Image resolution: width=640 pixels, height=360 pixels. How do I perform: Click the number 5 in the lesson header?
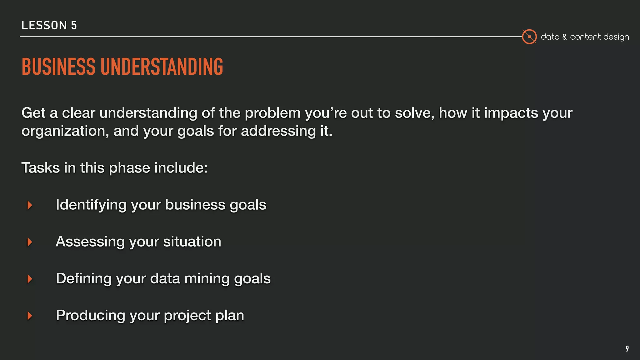pyautogui.click(x=74, y=25)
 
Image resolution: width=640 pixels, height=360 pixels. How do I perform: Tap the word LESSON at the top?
pyautogui.click(x=44, y=25)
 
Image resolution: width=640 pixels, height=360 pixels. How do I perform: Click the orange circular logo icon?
pyautogui.click(x=529, y=37)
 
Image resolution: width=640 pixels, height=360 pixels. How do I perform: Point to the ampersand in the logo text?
pyautogui.click(x=564, y=37)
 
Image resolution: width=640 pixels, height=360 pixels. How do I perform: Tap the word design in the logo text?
pyautogui.click(x=616, y=37)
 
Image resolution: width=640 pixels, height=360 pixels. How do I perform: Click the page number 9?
pyautogui.click(x=627, y=348)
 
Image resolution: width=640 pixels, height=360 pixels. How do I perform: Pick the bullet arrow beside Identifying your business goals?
pyautogui.click(x=30, y=205)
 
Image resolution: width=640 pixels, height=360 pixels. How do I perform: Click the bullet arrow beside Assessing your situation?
pyautogui.click(x=30, y=242)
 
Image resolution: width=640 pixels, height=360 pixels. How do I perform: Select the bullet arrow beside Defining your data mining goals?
pyautogui.click(x=30, y=279)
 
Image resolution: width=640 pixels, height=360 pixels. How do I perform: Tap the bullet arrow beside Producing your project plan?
pyautogui.click(x=30, y=316)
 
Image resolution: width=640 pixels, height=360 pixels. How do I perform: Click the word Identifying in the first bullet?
pyautogui.click(x=91, y=205)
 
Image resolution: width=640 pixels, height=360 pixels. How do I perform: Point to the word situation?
pyautogui.click(x=192, y=242)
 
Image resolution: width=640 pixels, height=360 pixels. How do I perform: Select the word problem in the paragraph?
pyautogui.click(x=272, y=113)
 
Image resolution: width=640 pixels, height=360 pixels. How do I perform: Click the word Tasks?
pyautogui.click(x=40, y=168)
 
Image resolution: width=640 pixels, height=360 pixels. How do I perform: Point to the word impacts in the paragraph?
pyautogui.click(x=511, y=113)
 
